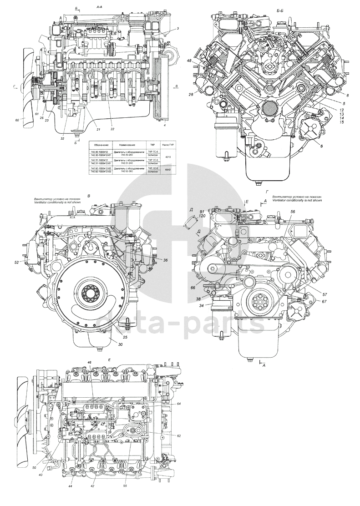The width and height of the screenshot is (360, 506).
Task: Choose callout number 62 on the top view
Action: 179,436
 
